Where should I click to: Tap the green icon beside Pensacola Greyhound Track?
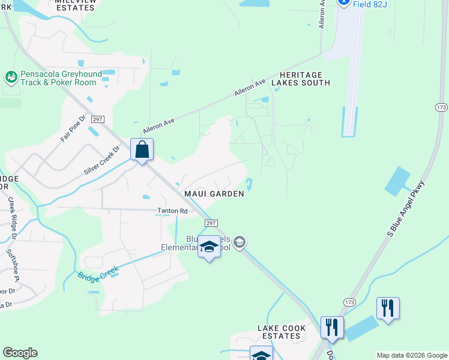click(11, 77)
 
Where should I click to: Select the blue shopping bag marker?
click(142, 149)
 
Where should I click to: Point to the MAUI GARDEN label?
click(214, 194)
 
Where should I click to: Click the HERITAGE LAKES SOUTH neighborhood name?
click(301, 79)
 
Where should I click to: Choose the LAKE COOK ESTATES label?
click(282, 332)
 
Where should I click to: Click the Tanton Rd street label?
click(172, 211)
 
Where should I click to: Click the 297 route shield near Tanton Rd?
click(211, 223)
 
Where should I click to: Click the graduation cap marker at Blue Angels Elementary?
click(209, 247)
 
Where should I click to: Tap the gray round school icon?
click(240, 242)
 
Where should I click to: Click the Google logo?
click(20, 353)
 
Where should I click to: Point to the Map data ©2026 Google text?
click(411, 355)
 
